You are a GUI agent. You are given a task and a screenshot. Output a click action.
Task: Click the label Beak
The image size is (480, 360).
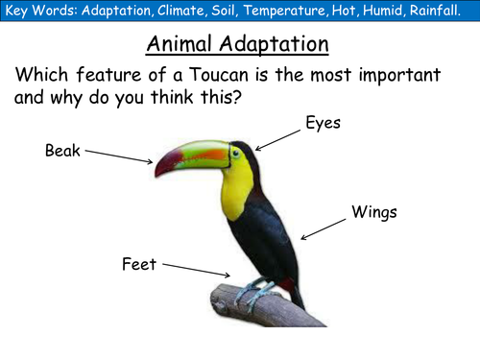tap(63, 150)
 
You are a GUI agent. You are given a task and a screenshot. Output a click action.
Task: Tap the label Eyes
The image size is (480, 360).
tap(323, 123)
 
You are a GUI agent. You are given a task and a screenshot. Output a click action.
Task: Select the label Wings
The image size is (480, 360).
tap(374, 211)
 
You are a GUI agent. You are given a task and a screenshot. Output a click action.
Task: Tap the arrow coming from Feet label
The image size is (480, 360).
tap(198, 270)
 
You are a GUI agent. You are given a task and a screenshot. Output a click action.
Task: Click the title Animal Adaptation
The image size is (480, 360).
tap(238, 44)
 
